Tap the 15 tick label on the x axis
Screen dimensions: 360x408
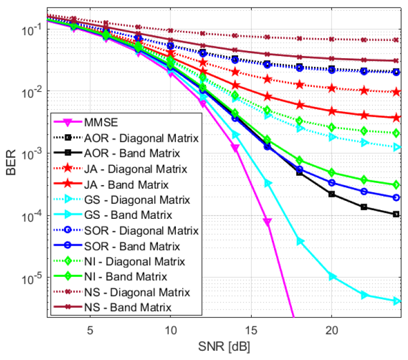pyautogui.click(x=251, y=330)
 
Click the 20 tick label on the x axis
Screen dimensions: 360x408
pyautogui.click(x=332, y=330)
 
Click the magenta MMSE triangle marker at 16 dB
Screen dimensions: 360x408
pyautogui.click(x=267, y=222)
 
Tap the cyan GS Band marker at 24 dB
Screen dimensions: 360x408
pyautogui.click(x=397, y=301)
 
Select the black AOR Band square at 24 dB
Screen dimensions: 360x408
pyautogui.click(x=397, y=214)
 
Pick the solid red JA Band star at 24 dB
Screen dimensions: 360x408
pyautogui.click(x=397, y=117)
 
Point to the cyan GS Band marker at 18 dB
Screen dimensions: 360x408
pyautogui.click(x=300, y=241)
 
